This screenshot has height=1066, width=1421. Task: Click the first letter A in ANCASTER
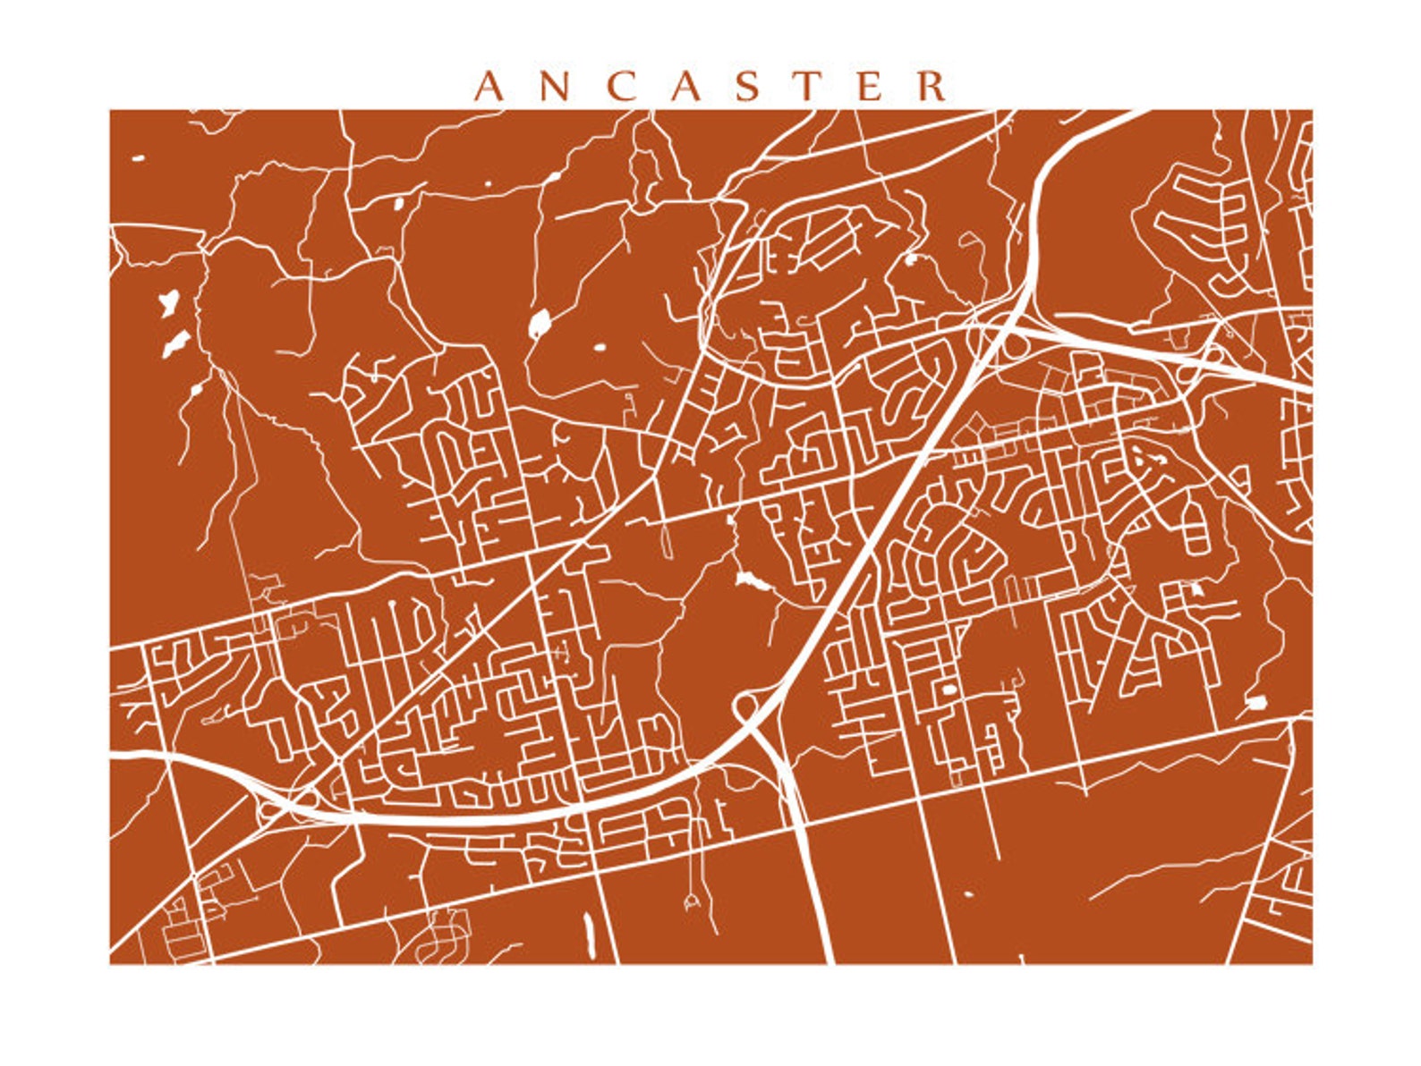pos(489,87)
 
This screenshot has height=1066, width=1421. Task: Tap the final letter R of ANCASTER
pos(932,87)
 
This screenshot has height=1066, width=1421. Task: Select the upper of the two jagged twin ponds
pos(169,302)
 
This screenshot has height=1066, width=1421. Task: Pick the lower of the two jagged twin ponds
pos(175,343)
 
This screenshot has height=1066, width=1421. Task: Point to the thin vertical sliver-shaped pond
pos(588,934)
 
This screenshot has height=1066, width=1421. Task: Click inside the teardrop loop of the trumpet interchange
pos(745,706)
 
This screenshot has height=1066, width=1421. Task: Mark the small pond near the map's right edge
pos(1255,702)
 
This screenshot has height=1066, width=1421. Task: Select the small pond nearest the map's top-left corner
pos(138,159)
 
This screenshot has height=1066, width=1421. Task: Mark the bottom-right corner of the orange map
pos(1311,962)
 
